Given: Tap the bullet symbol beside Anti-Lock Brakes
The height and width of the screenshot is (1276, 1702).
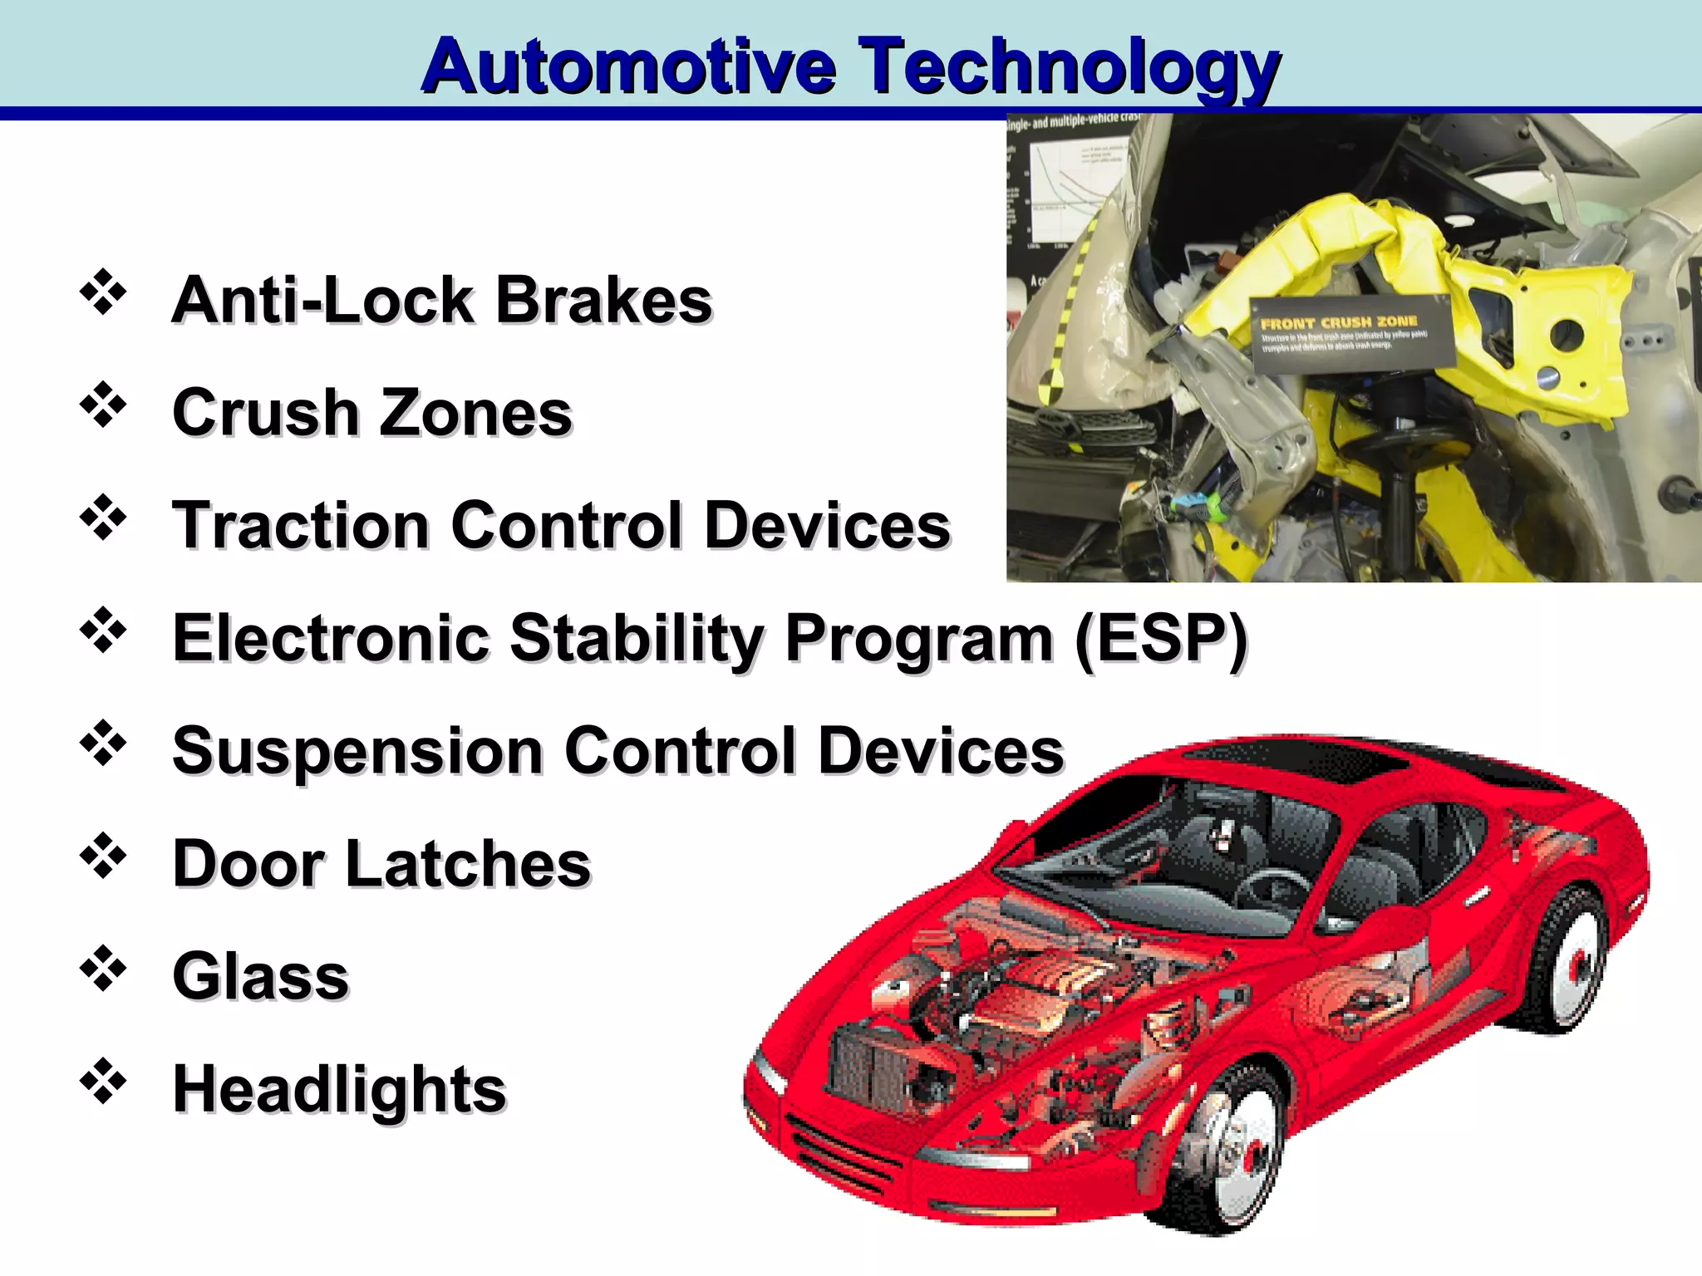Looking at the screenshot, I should pos(103,292).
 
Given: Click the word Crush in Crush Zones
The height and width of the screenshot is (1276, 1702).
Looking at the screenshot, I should pos(264,412).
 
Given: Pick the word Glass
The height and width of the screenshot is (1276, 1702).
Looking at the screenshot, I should pos(260,976).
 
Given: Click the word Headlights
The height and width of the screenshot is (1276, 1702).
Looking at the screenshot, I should pos(339,1089).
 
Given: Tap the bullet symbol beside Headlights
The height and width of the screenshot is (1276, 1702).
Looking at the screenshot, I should pos(103,1082).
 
